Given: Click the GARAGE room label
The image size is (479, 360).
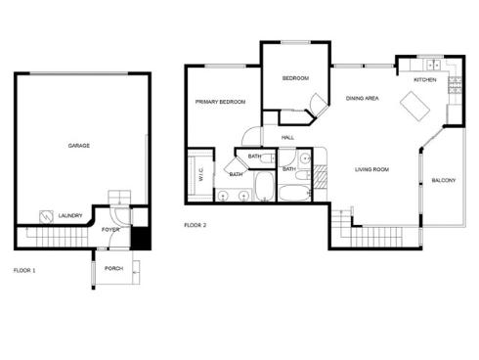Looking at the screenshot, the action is (79, 146).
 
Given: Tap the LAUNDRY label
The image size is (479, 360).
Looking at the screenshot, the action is (70, 215).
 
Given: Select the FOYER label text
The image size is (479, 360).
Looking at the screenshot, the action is (110, 230).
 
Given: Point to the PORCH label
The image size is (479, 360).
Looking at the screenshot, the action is (113, 268).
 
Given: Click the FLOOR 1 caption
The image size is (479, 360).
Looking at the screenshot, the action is (24, 270).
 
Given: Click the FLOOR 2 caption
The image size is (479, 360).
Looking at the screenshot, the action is (196, 225).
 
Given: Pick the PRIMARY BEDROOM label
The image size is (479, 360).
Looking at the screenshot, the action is (220, 102).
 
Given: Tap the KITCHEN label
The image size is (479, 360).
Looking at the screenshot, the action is (425, 80).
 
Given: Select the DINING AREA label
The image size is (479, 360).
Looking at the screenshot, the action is (363, 98).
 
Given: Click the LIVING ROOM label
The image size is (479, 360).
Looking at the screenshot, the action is (371, 169).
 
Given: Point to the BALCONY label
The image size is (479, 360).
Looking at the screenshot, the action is (444, 180).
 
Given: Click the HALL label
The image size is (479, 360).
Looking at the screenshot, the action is (287, 138).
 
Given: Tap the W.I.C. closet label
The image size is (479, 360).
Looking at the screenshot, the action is (200, 174).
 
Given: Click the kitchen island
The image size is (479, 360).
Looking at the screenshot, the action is (414, 107).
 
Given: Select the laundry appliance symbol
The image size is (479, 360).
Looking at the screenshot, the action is (46, 217).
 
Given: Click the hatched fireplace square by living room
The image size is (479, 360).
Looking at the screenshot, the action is (320, 176).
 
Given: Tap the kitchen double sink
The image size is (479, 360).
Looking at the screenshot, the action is (433, 66).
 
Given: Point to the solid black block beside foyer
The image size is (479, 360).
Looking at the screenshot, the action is (140, 238).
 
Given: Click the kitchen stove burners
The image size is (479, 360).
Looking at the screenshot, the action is (456, 85).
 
